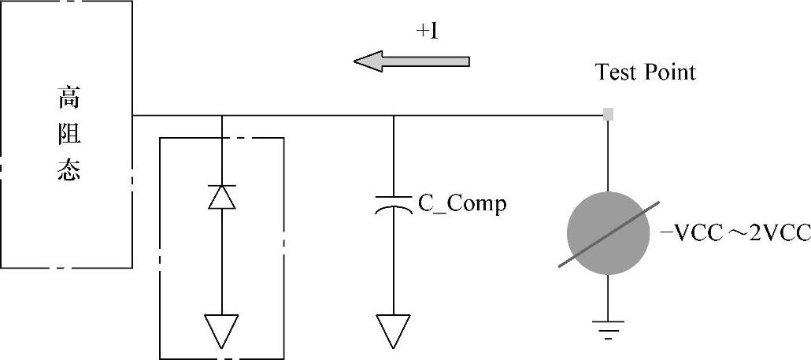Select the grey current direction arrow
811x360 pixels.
point(411,61)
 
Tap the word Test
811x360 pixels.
point(617,72)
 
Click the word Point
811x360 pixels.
point(670,72)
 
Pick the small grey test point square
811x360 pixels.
point(608,115)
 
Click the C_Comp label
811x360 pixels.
point(462,203)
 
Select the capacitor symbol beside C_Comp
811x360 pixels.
point(393,204)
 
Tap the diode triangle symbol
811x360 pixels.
point(222,197)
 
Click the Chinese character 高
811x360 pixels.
point(69,99)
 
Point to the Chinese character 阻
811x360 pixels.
point(69,135)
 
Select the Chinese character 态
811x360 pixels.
point(69,172)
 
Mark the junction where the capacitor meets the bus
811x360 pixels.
point(393,116)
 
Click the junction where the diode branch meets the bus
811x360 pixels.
point(222,116)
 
